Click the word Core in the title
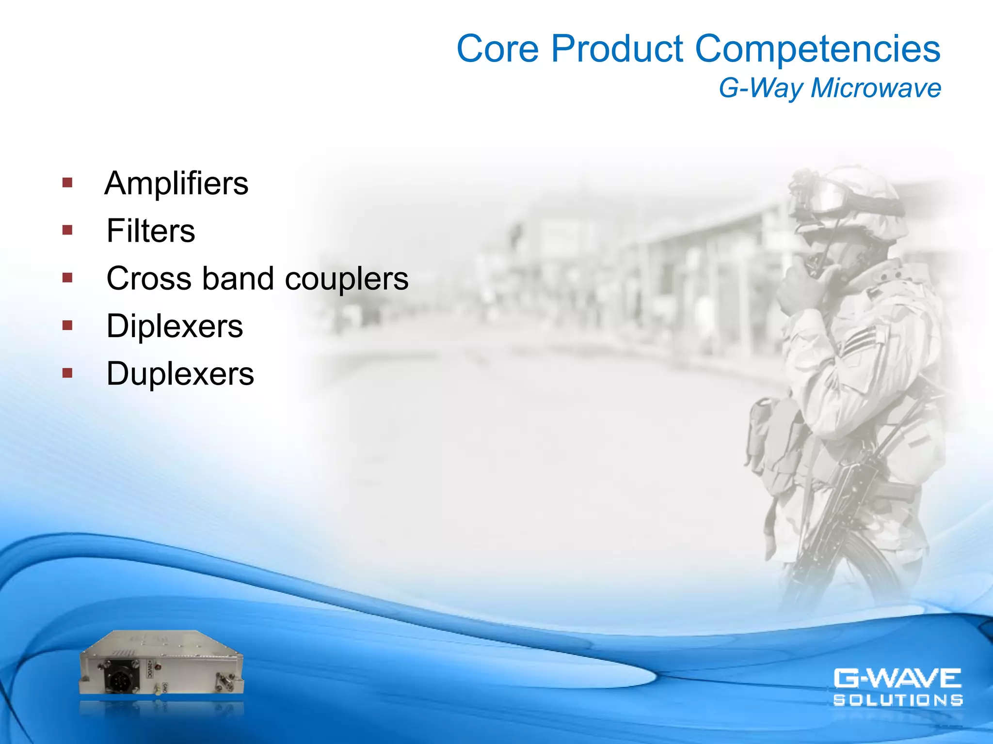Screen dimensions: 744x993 click(x=497, y=49)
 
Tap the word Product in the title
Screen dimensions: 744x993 click(x=617, y=49)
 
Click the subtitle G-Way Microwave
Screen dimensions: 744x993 click(x=830, y=88)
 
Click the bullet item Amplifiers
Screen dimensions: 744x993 click(x=176, y=184)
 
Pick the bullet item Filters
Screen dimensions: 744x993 click(x=151, y=231)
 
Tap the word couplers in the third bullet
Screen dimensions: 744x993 click(x=347, y=279)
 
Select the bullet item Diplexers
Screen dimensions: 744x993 click(x=175, y=326)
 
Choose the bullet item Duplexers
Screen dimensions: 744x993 click(x=180, y=374)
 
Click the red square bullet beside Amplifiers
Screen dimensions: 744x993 click(x=67, y=183)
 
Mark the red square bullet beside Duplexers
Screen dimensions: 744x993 click(x=67, y=373)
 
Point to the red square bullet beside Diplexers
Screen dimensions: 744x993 click(x=67, y=325)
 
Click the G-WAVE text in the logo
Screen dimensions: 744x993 click(x=897, y=678)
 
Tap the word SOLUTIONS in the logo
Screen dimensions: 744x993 click(x=897, y=700)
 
